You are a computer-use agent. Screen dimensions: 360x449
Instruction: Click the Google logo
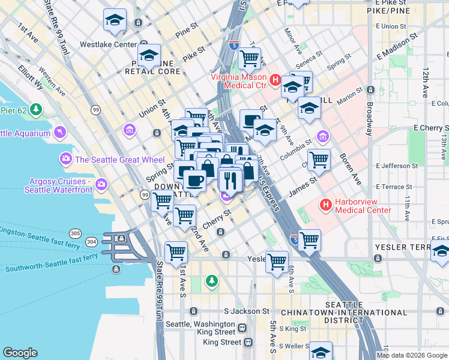point(20,353)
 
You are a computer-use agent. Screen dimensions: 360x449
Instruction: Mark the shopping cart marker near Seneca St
point(249,58)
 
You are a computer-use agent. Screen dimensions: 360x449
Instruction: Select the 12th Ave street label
point(425,82)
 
